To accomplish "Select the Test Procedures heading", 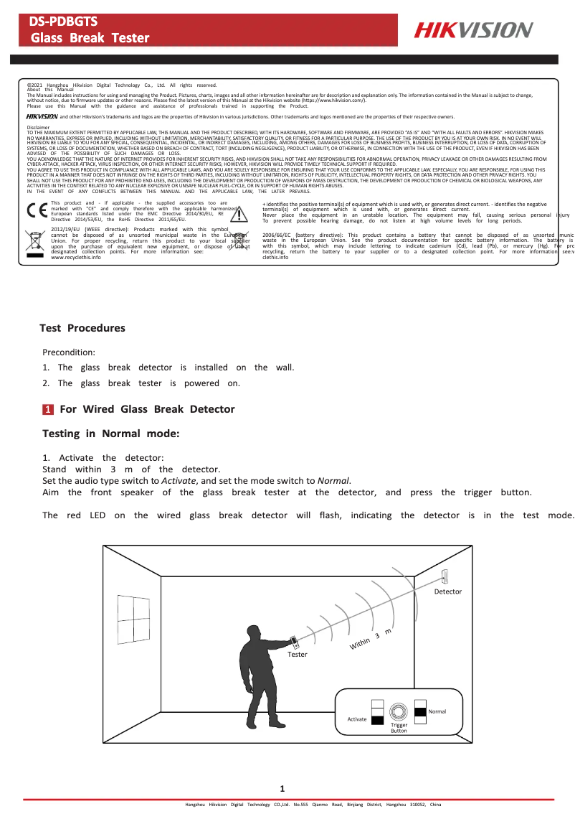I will (82, 328).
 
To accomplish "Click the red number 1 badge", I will (47, 409).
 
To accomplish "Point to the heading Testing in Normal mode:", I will (110, 434).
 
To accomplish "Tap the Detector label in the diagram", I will (448, 591).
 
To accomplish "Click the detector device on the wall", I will (445, 576).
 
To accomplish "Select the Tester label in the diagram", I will (297, 655).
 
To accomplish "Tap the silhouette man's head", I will (253, 635).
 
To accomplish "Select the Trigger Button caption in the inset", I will (399, 728).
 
